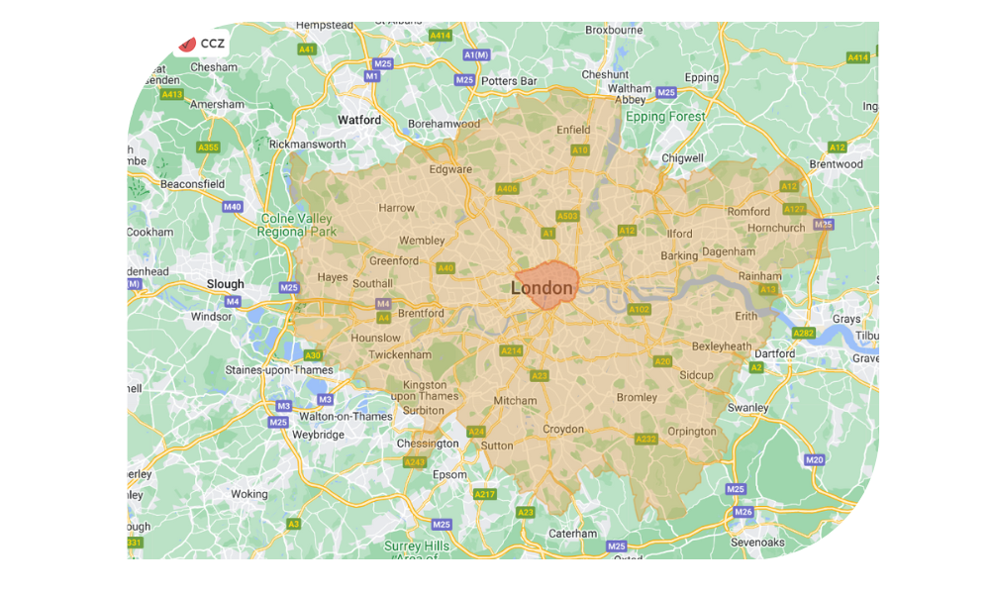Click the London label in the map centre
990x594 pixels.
click(542, 288)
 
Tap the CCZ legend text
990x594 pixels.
click(212, 44)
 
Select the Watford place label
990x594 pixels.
click(358, 120)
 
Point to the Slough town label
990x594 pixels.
click(225, 284)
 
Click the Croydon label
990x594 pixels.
click(564, 430)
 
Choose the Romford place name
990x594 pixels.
click(748, 212)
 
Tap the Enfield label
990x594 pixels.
click(573, 130)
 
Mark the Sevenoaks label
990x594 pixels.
click(758, 543)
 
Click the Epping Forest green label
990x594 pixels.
click(665, 117)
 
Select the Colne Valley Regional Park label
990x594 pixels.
click(297, 225)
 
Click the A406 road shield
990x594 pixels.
click(507, 188)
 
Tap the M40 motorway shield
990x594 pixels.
click(232, 207)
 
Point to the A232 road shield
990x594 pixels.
click(645, 440)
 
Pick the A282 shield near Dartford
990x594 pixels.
click(803, 334)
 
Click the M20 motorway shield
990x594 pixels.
click(814, 459)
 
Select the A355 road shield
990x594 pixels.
click(208, 148)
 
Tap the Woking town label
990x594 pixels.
click(248, 494)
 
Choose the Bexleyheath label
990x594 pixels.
click(722, 346)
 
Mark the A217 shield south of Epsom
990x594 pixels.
click(484, 494)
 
